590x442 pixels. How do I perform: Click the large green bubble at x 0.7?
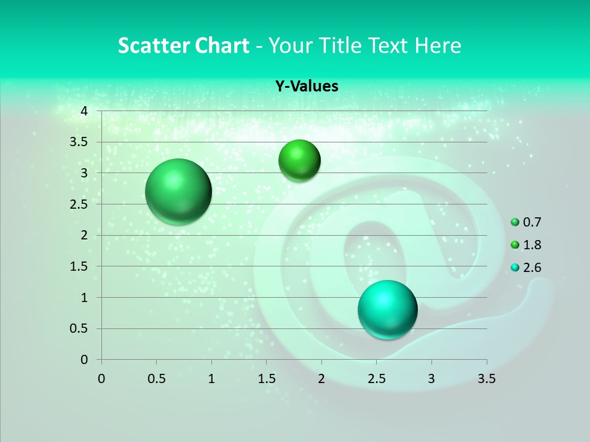(x=179, y=192)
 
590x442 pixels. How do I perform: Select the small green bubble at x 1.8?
(x=299, y=160)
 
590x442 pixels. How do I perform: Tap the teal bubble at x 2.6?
(x=387, y=309)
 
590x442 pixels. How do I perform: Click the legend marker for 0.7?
(x=515, y=222)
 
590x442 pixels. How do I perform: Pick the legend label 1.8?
(x=532, y=245)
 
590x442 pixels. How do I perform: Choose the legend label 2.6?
(x=532, y=268)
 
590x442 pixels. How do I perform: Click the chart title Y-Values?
(x=306, y=87)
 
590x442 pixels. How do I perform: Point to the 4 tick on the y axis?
(x=84, y=111)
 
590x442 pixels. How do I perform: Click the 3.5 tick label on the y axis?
(x=79, y=142)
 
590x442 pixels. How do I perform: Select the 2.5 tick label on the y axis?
(x=79, y=204)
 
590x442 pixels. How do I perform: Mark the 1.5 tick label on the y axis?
(x=79, y=266)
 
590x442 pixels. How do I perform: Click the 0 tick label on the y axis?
(x=84, y=360)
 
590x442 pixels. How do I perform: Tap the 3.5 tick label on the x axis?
(x=486, y=379)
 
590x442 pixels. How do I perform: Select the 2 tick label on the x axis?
(x=321, y=379)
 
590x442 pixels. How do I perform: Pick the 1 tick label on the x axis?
(x=211, y=379)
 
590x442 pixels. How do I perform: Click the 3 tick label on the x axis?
(x=431, y=379)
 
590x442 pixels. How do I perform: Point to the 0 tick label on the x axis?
(x=101, y=379)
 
